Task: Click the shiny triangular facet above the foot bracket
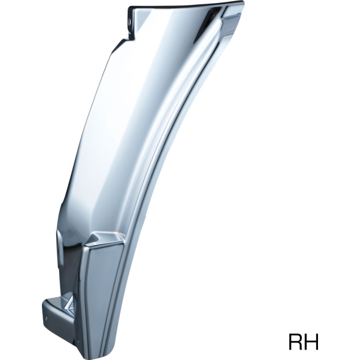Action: point(70,303)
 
